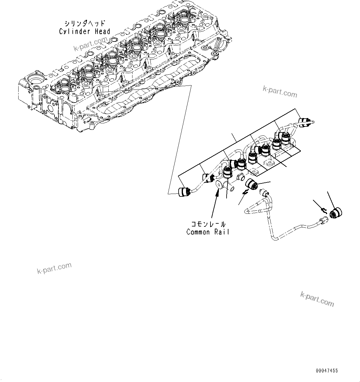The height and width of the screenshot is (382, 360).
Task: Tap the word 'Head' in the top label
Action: point(102,31)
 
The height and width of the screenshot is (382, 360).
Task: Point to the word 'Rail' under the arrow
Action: point(222,232)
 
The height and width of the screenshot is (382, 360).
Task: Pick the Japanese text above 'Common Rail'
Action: point(208,224)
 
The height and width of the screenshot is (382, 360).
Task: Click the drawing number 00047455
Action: point(327,370)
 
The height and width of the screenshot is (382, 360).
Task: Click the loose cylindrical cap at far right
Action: point(336,213)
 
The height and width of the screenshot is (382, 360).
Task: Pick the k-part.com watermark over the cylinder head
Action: point(90,44)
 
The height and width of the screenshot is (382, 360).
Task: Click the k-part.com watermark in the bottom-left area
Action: point(54,268)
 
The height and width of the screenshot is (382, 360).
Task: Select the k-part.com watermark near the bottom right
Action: point(317,299)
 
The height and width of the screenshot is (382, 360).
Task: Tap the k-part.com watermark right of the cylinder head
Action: point(280,92)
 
